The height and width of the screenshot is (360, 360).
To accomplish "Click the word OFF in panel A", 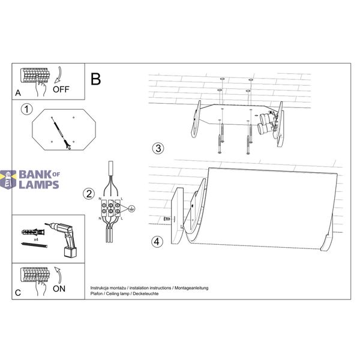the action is pyautogui.click(x=61, y=89).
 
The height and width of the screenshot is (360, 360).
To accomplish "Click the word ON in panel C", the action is pyautogui.click(x=59, y=289).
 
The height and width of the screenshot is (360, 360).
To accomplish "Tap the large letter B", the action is pyautogui.click(x=96, y=79).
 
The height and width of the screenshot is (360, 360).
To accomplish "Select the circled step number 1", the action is pyautogui.click(x=27, y=109).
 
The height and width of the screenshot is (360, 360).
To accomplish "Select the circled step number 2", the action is pyautogui.click(x=89, y=194).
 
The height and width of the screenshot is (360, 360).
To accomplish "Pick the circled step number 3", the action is pyautogui.click(x=158, y=148).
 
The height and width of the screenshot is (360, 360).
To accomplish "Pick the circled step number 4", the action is pyautogui.click(x=157, y=242).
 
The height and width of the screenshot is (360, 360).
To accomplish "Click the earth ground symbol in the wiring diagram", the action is pyautogui.click(x=131, y=209).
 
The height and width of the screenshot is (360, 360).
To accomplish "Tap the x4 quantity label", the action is pyautogui.click(x=36, y=239).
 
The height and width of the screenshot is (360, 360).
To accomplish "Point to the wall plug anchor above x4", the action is pyautogui.click(x=33, y=232).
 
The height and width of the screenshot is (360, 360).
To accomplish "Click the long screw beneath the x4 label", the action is pyautogui.click(x=34, y=245).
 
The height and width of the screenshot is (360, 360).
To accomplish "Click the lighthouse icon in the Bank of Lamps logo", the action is pyautogui.click(x=8, y=179).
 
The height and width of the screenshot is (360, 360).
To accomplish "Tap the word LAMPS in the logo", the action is pyautogui.click(x=39, y=185).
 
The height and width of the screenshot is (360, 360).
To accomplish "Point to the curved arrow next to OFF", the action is pyautogui.click(x=58, y=75).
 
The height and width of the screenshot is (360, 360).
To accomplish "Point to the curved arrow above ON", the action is pyautogui.click(x=58, y=275).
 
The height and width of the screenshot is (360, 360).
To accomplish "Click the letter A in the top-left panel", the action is pyautogui.click(x=18, y=93).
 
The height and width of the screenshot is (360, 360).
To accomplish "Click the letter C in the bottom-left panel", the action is pyautogui.click(x=17, y=293).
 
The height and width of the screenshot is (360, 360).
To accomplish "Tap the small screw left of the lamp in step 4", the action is pyautogui.click(x=167, y=219).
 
